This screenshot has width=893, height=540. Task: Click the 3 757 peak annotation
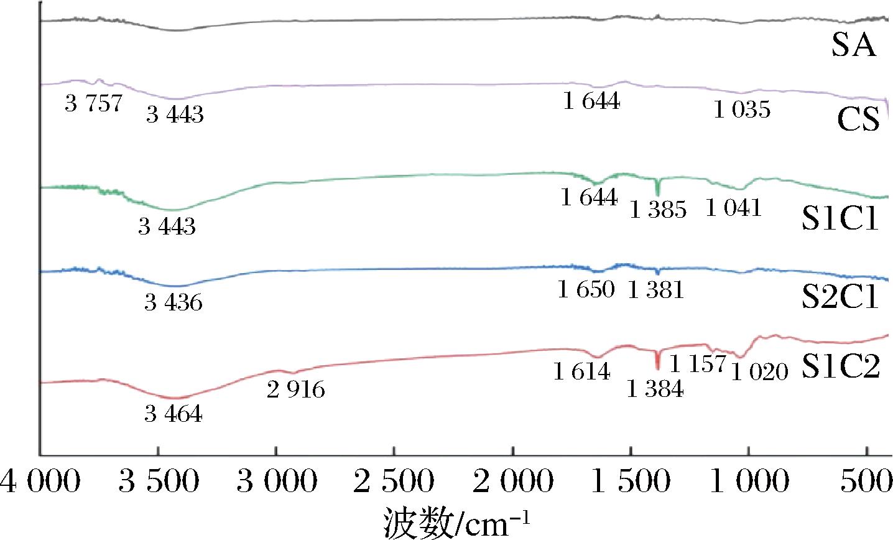pos(93,103)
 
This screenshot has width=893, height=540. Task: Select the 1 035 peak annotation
pos(742,111)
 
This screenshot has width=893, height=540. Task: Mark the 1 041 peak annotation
pos(733,207)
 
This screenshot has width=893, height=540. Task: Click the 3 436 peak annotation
pos(174,303)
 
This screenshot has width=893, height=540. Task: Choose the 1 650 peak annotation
pos(586,289)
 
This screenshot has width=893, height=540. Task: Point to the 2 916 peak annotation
pos(296,390)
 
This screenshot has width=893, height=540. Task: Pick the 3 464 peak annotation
pos(174,414)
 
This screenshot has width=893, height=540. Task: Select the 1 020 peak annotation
pos(759,373)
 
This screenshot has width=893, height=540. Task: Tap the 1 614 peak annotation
pos(582,372)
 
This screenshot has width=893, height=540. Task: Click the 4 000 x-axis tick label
pos(40,483)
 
